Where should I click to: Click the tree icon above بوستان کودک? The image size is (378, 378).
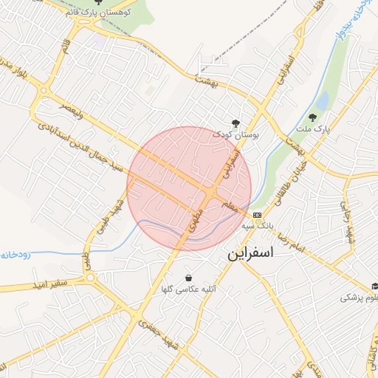236,123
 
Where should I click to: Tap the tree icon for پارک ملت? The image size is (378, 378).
314,117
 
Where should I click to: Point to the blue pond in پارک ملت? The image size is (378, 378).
322,100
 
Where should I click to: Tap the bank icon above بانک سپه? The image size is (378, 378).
257,214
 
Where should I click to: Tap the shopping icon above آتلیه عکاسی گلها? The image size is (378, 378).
189,278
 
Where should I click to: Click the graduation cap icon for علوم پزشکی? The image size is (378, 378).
375,286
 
